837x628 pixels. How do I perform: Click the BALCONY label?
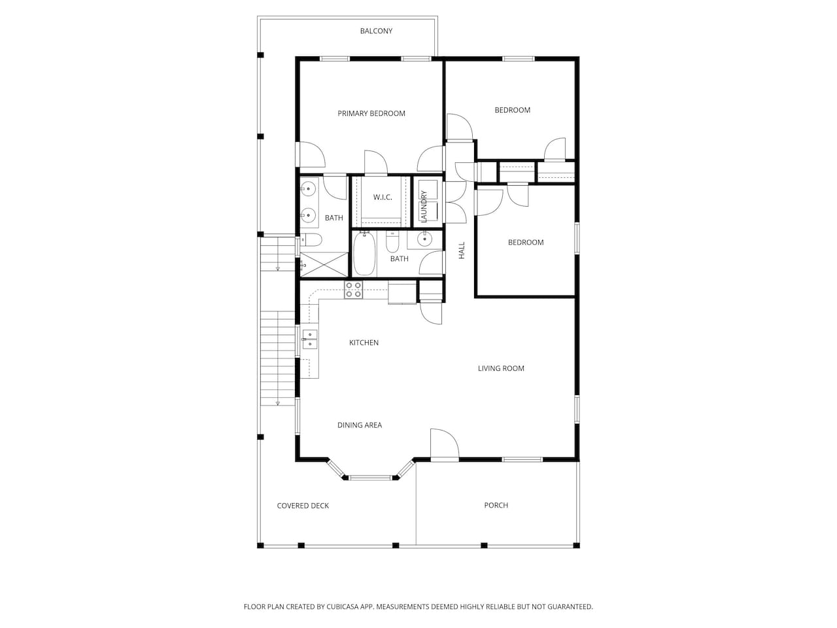tap(376, 31)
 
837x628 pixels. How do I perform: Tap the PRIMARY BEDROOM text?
tap(371, 113)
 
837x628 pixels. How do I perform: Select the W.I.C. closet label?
tap(382, 197)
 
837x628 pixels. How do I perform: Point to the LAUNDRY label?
tap(423, 206)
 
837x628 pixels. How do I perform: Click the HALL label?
tap(462, 251)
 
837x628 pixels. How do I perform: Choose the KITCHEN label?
tap(364, 342)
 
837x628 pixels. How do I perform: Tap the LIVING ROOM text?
tap(501, 368)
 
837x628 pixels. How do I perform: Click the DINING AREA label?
tap(359, 425)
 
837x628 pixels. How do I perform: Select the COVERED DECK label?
tap(303, 506)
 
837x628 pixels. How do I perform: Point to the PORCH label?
tap(496, 505)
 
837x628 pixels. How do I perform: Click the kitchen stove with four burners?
tap(354, 290)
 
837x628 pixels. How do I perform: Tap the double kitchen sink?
tap(310, 340)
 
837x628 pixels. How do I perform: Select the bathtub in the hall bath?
tap(364, 254)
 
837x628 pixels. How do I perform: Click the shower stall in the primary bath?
tap(324, 264)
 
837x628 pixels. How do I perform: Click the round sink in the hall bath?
tap(424, 239)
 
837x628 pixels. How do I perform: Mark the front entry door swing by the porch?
tap(444, 444)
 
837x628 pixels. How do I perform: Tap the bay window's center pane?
tap(371, 477)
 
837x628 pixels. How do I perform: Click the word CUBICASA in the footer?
tap(343, 606)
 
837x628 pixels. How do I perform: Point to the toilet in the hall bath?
tap(392, 242)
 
